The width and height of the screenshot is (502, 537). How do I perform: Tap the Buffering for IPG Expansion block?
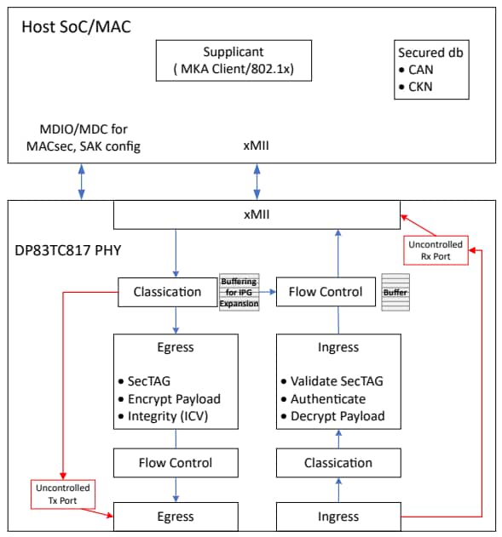[x=239, y=292]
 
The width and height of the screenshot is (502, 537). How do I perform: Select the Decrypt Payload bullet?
[x=338, y=416]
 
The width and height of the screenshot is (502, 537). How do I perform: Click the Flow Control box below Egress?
[x=176, y=463]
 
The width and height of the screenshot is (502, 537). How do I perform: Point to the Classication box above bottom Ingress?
[x=338, y=463]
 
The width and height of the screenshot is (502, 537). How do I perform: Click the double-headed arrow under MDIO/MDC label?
[x=82, y=181]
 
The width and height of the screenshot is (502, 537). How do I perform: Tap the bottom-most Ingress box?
[x=338, y=517]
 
